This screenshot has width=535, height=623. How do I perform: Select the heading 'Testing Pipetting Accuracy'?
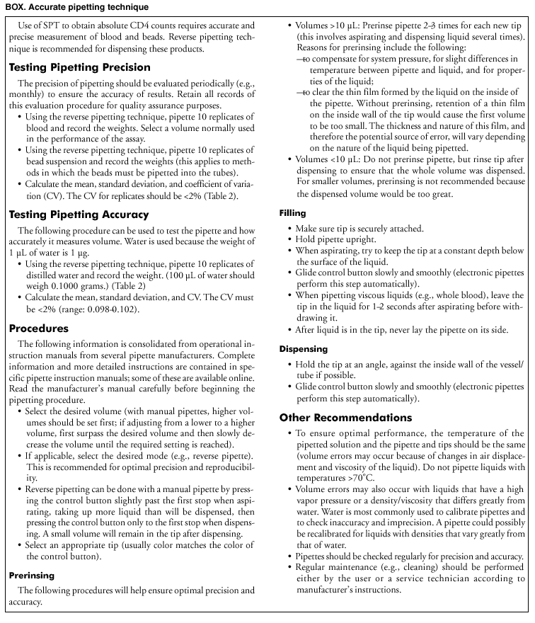(79, 215)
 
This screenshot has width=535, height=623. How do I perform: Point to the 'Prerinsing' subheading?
(32, 575)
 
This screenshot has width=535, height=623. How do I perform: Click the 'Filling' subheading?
(292, 212)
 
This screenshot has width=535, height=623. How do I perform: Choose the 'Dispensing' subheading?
(303, 349)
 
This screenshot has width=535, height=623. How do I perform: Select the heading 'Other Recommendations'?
(355, 417)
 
